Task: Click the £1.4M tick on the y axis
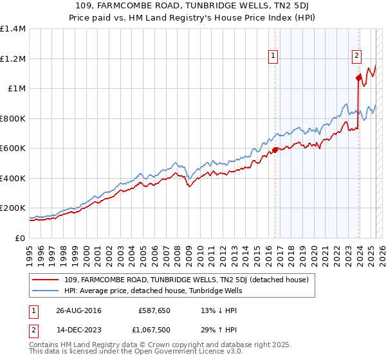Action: click(13, 29)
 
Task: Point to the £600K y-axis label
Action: click(13, 148)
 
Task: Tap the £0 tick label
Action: click(20, 238)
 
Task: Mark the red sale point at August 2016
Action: click(275, 150)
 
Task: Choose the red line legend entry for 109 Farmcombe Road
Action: click(187, 280)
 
